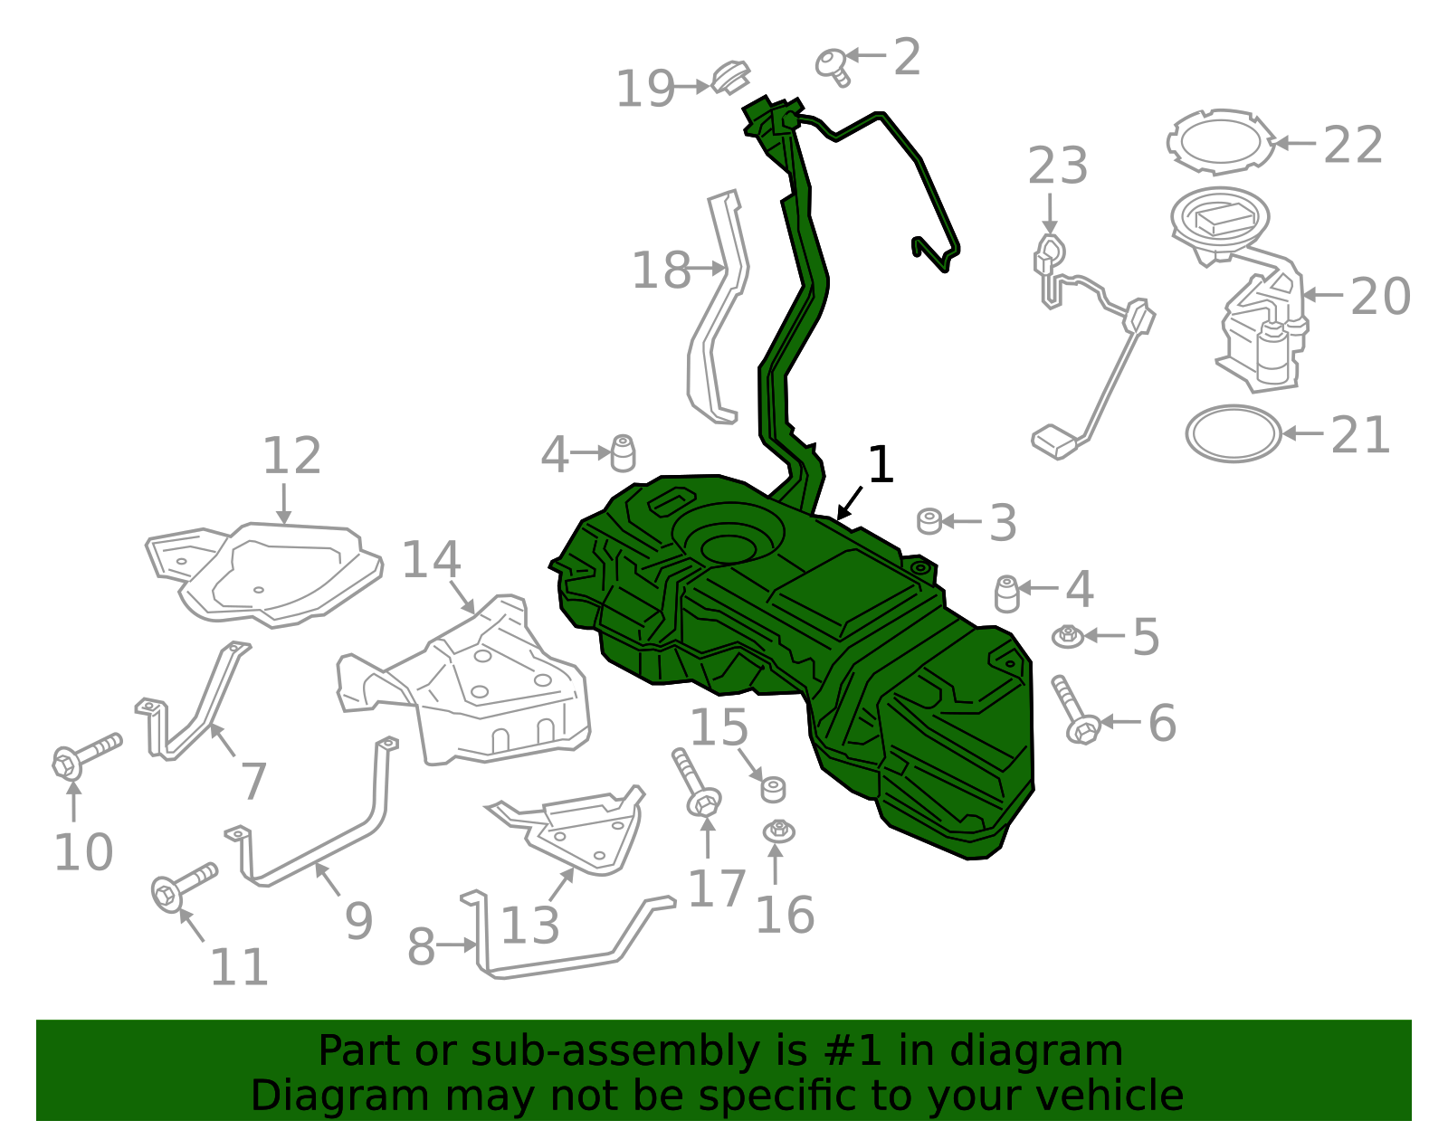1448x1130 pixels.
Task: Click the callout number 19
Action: coord(645,89)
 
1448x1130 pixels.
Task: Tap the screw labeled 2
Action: coord(832,67)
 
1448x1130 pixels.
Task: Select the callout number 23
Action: coord(1058,165)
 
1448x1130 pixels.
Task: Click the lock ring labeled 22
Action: coord(1221,142)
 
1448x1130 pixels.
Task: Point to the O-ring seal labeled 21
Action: coord(1234,433)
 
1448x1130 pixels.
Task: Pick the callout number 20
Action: coord(1380,296)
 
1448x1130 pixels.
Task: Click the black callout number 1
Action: coord(881,464)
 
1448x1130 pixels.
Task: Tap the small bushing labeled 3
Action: coord(929,521)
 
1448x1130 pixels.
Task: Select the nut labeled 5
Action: coord(1068,637)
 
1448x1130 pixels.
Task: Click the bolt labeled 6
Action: coord(1075,711)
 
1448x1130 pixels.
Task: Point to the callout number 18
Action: coord(661,270)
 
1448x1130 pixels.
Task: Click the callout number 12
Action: coord(292,455)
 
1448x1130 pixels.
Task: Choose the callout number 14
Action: coord(431,559)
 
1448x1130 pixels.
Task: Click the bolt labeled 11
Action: coord(184,888)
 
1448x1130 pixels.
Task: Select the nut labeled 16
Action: coord(778,831)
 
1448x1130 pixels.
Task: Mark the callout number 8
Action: coord(421,947)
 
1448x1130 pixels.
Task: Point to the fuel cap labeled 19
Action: coord(731,77)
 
